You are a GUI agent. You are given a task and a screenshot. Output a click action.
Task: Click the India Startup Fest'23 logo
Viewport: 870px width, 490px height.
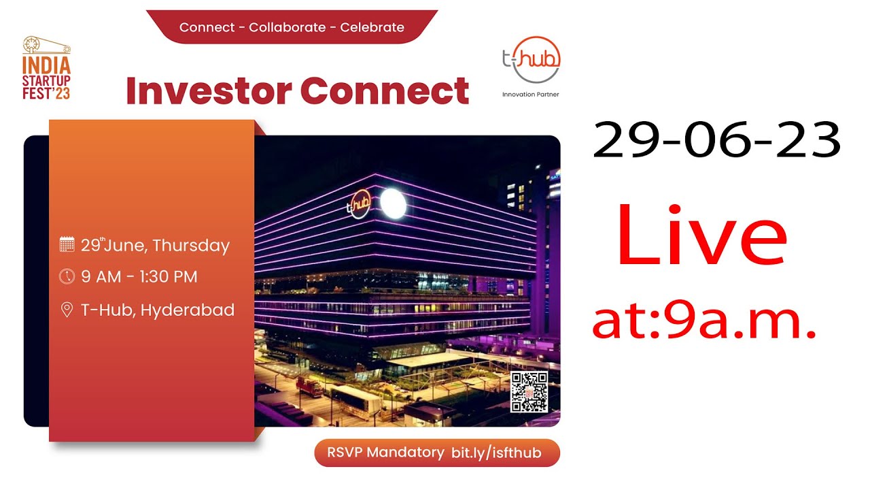(46, 69)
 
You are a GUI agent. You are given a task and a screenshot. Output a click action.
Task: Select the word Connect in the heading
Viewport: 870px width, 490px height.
(385, 91)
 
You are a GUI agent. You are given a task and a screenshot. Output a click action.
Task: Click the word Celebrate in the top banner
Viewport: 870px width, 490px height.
(372, 28)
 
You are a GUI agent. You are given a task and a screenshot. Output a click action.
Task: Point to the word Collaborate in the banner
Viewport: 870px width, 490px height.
(287, 28)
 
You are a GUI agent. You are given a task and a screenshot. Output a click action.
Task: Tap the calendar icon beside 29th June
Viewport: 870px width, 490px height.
(67, 244)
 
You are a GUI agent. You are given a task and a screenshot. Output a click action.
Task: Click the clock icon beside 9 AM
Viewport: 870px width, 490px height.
(67, 276)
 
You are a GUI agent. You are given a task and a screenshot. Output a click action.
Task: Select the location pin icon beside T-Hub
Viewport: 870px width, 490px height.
(67, 310)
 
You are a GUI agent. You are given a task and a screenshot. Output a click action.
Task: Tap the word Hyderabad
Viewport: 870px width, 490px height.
(188, 310)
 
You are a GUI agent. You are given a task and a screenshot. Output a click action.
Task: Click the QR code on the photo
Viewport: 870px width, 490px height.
(529, 392)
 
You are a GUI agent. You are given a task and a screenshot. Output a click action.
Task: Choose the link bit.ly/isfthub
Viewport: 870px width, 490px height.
(496, 453)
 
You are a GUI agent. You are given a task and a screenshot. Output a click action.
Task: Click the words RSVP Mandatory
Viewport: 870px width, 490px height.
(385, 453)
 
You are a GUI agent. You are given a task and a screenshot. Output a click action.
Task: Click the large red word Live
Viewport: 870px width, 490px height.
(701, 234)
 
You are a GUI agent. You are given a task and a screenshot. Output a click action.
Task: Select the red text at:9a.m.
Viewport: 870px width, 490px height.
(703, 321)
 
